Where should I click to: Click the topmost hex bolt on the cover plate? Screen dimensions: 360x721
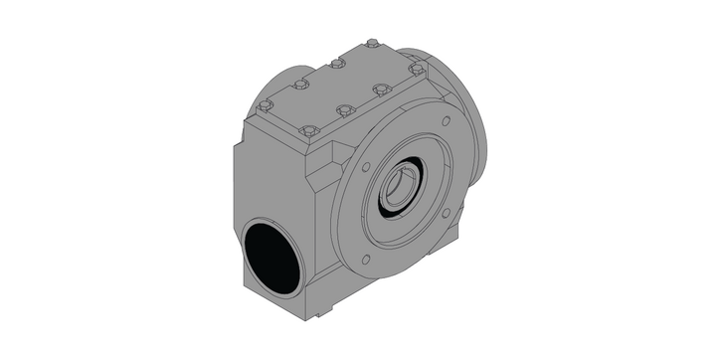[x=371, y=43]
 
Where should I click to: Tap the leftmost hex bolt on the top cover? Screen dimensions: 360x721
[x=266, y=102]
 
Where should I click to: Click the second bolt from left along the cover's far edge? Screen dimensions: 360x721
[x=300, y=84]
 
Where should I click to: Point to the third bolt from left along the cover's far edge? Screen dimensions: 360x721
[x=337, y=63]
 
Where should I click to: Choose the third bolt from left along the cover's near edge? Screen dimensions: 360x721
[x=380, y=89]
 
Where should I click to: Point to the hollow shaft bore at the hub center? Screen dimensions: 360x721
[x=400, y=187]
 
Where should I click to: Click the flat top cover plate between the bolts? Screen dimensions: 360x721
[x=338, y=87]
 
